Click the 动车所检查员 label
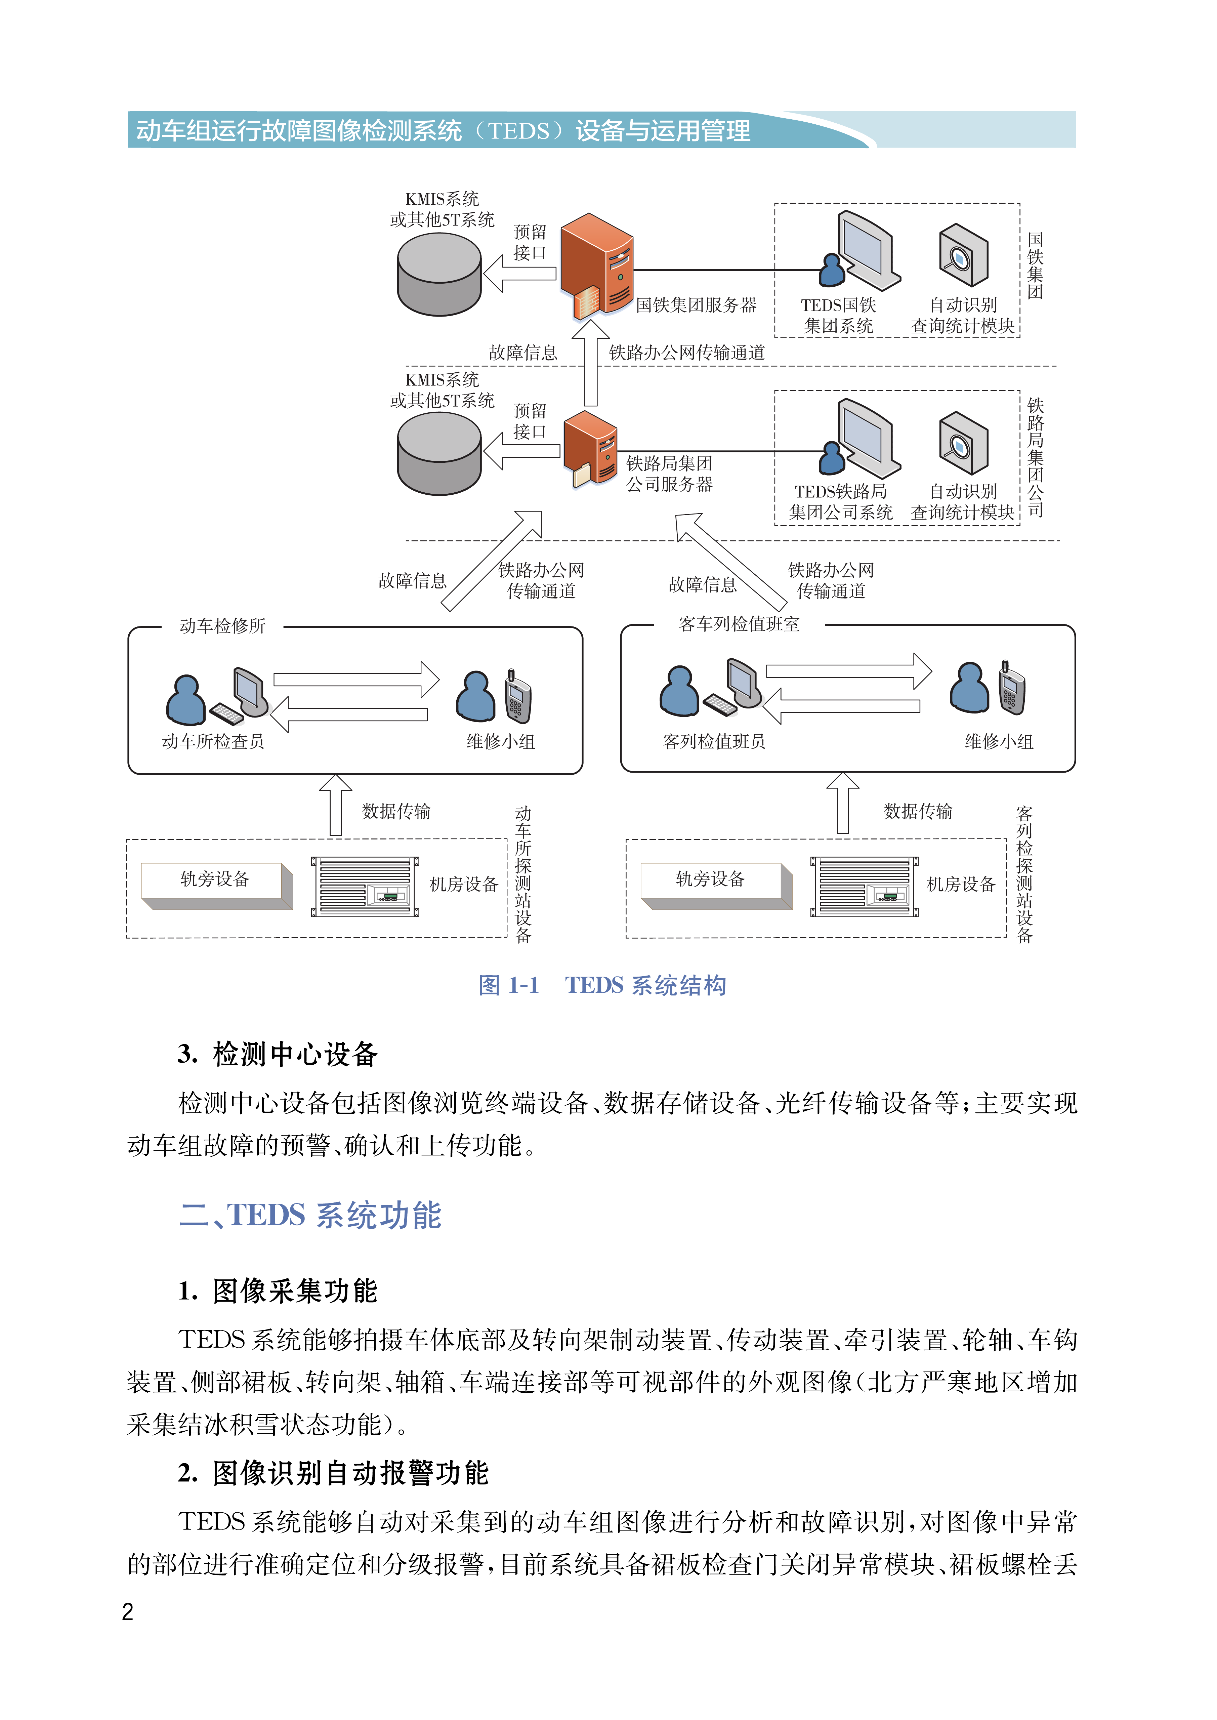pyautogui.click(x=213, y=741)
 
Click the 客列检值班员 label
pyautogui.click(x=713, y=741)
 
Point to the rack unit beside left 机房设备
pyautogui.click(x=365, y=886)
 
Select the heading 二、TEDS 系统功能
pyautogui.click(x=310, y=1215)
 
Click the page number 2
pyautogui.click(x=127, y=1611)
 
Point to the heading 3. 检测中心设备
pyautogui.click(x=277, y=1054)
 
